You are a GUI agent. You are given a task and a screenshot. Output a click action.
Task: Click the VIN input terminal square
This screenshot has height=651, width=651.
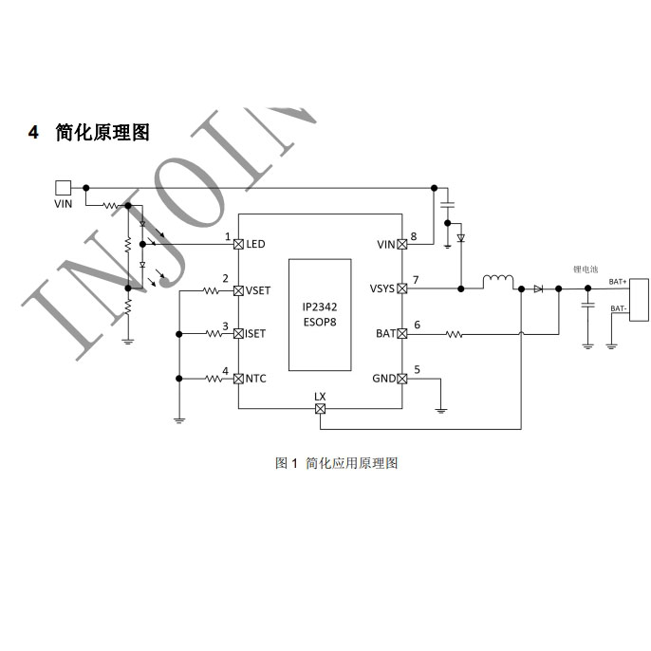point(63,188)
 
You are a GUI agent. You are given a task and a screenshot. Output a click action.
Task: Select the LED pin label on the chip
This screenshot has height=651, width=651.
point(255,244)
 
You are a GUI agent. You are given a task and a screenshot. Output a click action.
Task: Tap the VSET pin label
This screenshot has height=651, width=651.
point(257,289)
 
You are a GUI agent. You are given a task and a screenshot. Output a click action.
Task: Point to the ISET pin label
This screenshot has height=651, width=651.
point(255,333)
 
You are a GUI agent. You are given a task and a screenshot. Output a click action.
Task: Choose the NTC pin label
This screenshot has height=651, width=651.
point(255,379)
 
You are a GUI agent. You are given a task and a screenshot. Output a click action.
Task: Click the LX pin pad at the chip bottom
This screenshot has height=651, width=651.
point(320,409)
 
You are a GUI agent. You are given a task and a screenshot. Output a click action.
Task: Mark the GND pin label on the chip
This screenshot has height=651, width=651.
point(383,379)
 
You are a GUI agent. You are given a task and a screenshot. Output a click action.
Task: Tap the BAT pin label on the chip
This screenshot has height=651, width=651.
point(385,333)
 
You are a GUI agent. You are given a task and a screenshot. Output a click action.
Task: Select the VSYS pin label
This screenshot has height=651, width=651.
point(382,289)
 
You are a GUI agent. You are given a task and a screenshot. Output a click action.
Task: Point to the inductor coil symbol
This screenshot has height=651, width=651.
point(498,282)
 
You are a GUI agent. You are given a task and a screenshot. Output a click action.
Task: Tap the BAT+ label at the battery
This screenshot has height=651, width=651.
point(618,282)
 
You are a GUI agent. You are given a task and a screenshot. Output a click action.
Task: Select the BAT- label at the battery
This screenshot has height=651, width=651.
point(618,308)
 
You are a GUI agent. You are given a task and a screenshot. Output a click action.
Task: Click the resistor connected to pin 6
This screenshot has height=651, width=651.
point(453,333)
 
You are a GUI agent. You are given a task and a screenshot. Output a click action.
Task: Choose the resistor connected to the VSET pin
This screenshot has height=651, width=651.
point(210,289)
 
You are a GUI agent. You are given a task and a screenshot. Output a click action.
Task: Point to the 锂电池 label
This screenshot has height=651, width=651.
point(586,270)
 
